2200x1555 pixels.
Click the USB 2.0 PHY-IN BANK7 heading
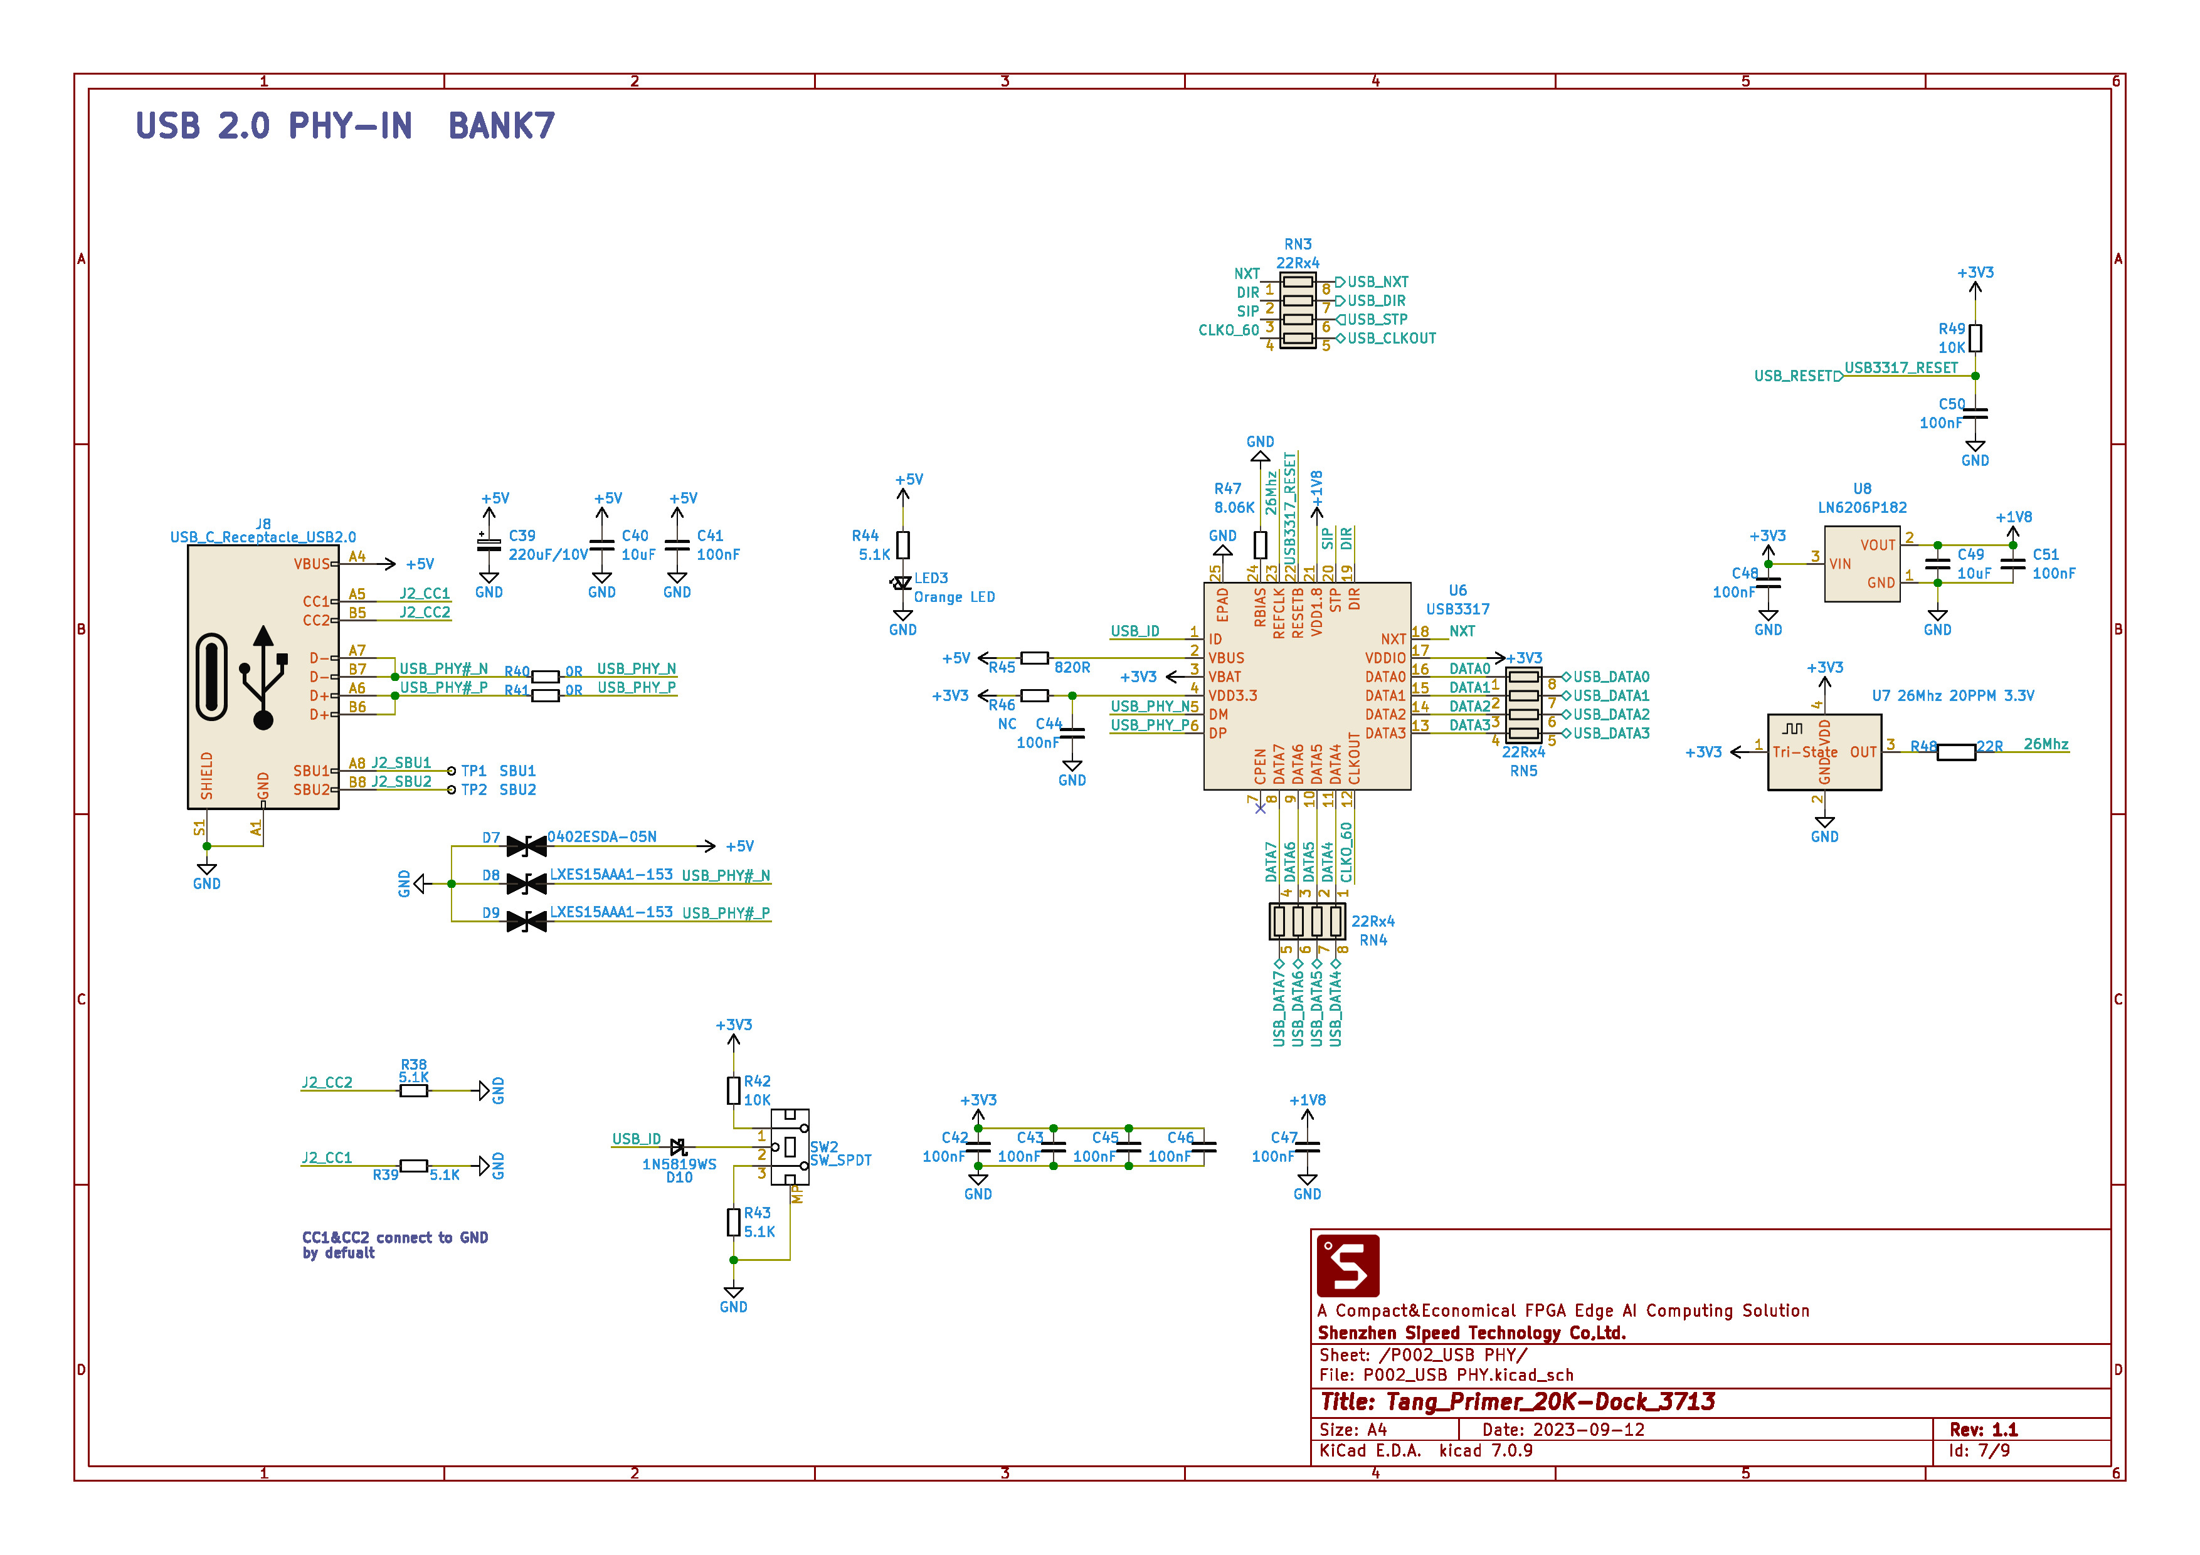(345, 125)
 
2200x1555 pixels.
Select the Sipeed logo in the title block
(1348, 1266)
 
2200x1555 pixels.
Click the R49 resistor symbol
(1975, 338)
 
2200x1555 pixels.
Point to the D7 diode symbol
(526, 846)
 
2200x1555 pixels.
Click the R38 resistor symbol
(413, 1090)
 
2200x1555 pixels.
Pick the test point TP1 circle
(452, 771)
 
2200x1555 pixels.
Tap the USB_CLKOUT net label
(1391, 338)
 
